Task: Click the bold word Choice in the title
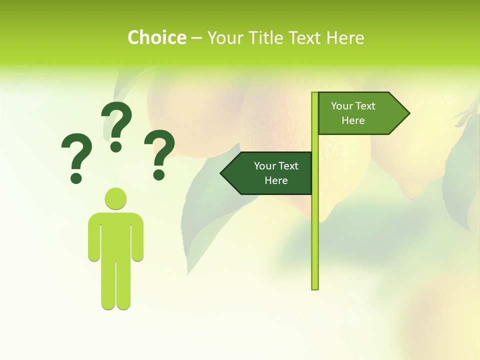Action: [x=156, y=37]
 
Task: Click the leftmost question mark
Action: [x=76, y=157]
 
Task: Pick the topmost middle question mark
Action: [x=116, y=125]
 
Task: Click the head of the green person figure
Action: [x=115, y=198]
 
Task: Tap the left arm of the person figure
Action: [x=93, y=237]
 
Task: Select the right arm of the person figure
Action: [x=138, y=237]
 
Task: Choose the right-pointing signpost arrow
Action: [x=360, y=113]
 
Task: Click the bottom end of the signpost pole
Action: [x=314, y=287]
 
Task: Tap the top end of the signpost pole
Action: [x=314, y=94]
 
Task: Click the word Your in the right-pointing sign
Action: [x=342, y=106]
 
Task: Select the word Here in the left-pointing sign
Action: [x=276, y=180]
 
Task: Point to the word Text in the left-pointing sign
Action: [x=288, y=166]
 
